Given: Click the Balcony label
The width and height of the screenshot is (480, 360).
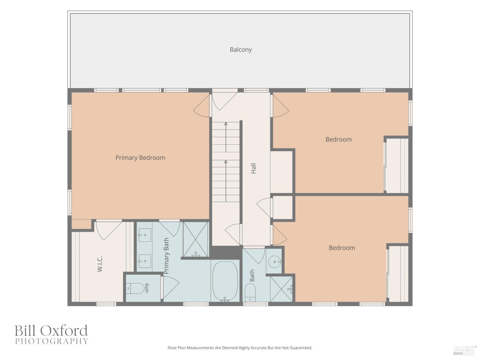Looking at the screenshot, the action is [x=241, y=50].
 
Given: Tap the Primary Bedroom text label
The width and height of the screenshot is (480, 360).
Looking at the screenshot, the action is [x=140, y=158].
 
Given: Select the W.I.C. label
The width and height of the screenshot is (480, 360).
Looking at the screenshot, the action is [x=100, y=264].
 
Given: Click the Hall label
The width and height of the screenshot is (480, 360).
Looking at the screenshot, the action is [x=253, y=168].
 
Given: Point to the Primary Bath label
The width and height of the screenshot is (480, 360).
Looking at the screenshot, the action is [x=166, y=256].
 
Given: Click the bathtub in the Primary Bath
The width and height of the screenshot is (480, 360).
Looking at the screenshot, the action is [x=225, y=281].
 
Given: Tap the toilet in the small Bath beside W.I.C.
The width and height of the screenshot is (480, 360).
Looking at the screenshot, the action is [x=136, y=288].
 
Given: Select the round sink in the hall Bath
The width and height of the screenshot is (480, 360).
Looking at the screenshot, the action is [x=275, y=262].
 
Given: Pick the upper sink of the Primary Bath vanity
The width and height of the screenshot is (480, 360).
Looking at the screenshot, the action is [x=145, y=235].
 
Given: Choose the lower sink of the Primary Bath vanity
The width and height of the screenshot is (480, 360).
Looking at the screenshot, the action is [x=145, y=261].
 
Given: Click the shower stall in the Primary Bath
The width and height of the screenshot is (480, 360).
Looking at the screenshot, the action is [x=196, y=239].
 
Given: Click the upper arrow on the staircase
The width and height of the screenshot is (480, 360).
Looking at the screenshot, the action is [x=226, y=137].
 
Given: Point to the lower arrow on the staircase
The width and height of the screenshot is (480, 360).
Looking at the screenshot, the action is [x=226, y=181].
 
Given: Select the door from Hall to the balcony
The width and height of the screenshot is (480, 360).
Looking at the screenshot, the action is [x=225, y=100].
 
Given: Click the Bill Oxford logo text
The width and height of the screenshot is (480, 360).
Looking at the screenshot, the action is [x=51, y=330].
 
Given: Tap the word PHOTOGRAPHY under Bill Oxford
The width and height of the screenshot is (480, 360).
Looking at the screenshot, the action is [x=52, y=341].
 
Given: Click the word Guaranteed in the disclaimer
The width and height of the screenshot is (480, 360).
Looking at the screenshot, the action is [x=301, y=348].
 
